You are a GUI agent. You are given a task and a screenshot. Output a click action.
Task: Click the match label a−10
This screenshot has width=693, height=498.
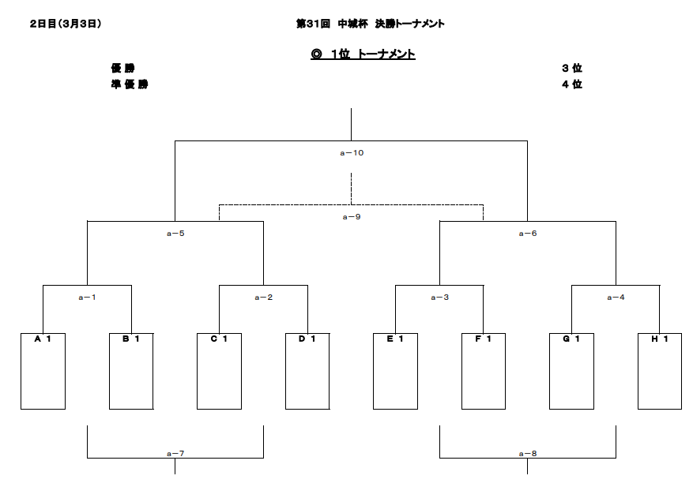tap(352, 153)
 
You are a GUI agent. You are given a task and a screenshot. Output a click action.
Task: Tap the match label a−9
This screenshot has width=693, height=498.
tap(352, 217)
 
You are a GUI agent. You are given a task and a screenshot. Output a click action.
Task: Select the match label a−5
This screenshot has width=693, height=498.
tap(175, 233)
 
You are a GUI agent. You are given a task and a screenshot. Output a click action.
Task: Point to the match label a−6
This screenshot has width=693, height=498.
tap(528, 233)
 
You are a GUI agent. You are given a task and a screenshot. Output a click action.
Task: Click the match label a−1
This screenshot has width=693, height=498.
tap(87, 297)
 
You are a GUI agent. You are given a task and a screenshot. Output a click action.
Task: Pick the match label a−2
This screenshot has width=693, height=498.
tap(263, 297)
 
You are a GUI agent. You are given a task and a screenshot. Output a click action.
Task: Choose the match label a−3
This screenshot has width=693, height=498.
tap(440, 297)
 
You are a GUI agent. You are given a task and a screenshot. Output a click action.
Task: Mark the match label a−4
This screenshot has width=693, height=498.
tap(616, 297)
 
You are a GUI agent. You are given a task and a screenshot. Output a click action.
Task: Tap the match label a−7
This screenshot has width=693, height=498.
tap(175, 454)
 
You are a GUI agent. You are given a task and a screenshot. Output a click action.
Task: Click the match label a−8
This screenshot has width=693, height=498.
tap(528, 454)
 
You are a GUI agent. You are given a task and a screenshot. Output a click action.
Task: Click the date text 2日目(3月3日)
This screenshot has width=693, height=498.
tap(66, 24)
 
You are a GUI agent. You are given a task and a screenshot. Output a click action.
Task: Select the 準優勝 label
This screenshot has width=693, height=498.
tap(130, 84)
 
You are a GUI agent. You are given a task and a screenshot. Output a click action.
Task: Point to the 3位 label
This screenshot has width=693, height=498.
tap(572, 68)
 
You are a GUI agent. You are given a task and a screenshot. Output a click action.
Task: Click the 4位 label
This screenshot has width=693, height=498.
tap(572, 84)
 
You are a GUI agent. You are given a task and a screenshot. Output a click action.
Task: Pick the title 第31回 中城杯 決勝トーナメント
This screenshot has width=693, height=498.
tap(371, 24)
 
